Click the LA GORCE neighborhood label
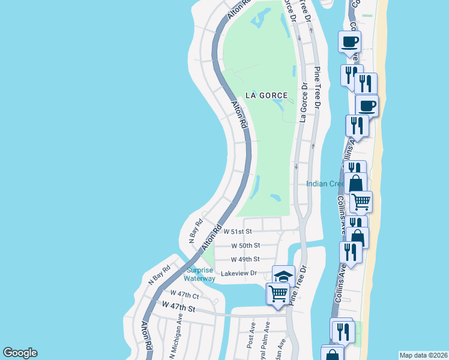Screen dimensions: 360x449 point(266,95)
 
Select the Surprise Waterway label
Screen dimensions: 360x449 point(199,274)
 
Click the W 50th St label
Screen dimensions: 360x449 point(246,245)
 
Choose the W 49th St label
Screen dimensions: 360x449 point(246,259)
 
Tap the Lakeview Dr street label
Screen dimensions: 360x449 point(239,273)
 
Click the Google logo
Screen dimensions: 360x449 point(20,353)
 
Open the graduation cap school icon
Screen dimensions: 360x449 point(283,276)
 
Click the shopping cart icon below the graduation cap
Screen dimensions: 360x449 point(278,293)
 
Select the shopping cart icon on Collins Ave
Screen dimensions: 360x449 point(361,202)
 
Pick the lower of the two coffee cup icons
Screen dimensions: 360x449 point(367,106)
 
